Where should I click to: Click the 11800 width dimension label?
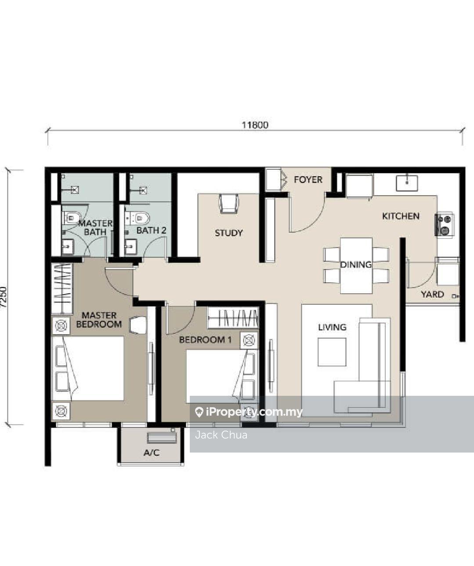tap(255, 125)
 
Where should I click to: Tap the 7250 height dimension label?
tap(4, 297)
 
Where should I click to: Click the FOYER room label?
tap(308, 179)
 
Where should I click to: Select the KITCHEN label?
tap(401, 216)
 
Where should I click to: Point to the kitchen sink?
tap(407, 183)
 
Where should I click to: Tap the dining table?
tap(356, 266)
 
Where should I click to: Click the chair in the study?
tap(228, 204)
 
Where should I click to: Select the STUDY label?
tap(228, 233)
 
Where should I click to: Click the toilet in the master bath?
tap(72, 218)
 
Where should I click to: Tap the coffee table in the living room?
tap(332, 352)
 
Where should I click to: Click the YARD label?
tap(432, 294)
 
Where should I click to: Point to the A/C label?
tap(152, 453)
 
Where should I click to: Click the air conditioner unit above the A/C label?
tap(162, 438)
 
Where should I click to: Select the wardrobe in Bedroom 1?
tap(233, 318)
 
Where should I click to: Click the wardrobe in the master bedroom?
tap(62, 288)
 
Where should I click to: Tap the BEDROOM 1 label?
tap(205, 340)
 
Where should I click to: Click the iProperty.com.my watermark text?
tap(254, 413)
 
